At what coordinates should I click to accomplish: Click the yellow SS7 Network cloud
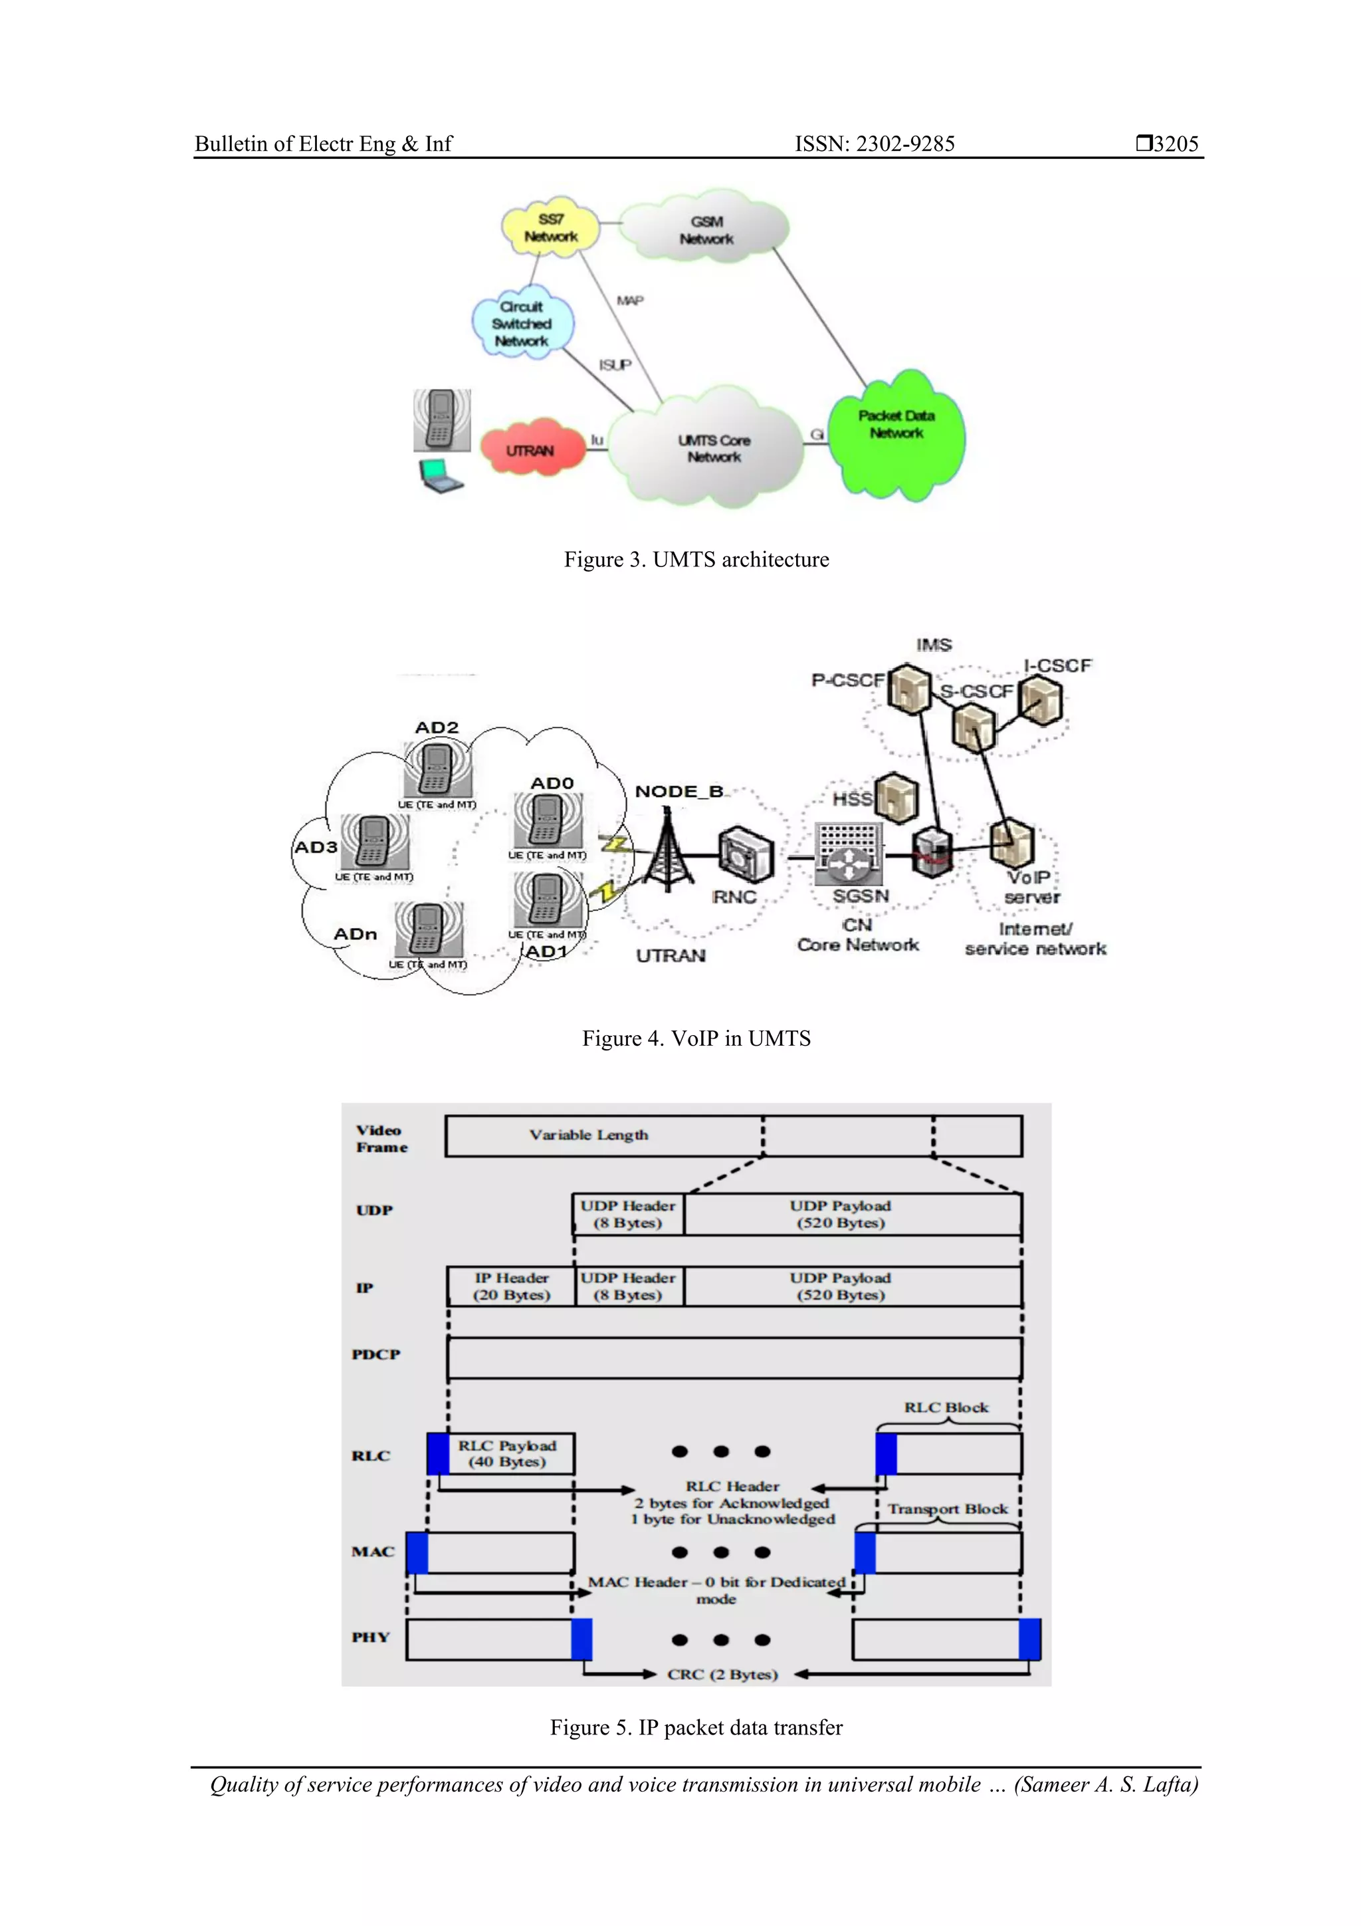[551, 228]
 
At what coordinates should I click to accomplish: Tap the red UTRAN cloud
[531, 449]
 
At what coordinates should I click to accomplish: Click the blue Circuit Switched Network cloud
[522, 324]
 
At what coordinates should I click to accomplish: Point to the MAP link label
[630, 301]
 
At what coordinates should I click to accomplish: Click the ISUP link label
[615, 365]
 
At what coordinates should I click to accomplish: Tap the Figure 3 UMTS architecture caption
[695, 560]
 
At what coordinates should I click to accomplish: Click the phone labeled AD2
[436, 769]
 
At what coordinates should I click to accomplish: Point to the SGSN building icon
[849, 853]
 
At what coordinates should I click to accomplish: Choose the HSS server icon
[896, 797]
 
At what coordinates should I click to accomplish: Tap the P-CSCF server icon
[909, 689]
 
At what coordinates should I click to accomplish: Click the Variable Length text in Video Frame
[588, 1135]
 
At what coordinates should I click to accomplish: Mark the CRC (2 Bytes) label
[722, 1674]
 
